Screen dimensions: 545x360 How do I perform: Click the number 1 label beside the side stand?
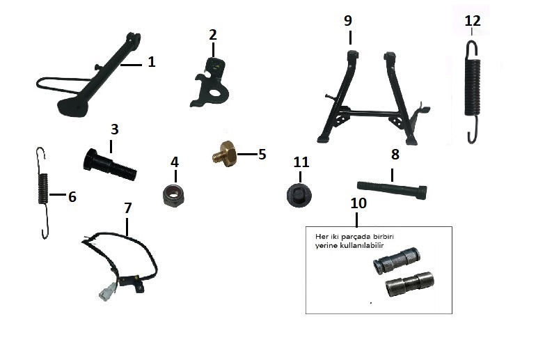151,62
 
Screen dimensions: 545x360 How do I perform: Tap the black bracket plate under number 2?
210,84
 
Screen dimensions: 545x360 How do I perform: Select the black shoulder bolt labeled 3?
110,165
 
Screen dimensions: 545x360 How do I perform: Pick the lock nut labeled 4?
174,196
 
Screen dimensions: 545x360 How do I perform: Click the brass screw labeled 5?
225,154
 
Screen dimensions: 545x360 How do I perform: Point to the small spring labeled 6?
42,193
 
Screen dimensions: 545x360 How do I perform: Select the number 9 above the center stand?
348,21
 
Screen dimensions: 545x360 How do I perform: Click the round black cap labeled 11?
299,195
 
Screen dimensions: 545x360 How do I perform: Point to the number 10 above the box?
358,203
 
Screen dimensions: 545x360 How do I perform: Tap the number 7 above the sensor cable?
128,208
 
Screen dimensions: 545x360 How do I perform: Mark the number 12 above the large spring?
473,21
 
